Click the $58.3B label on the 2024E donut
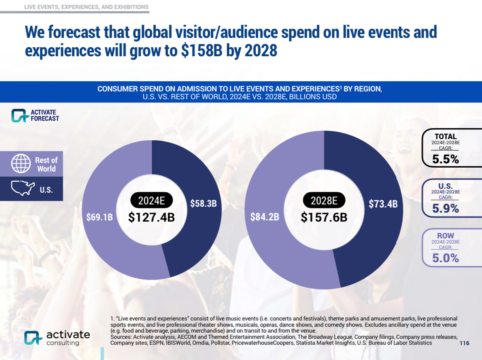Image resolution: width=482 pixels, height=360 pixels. tap(203, 204)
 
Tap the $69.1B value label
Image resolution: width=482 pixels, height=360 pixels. tap(99, 217)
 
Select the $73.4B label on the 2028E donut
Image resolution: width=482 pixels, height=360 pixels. tap(383, 204)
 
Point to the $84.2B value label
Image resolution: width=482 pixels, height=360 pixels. tap(265, 217)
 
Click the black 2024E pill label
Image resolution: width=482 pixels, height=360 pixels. tap(151, 201)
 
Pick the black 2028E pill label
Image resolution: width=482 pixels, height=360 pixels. tap(324, 201)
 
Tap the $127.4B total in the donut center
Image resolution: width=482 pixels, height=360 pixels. tap(151, 217)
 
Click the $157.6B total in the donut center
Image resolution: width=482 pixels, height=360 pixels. tap(324, 217)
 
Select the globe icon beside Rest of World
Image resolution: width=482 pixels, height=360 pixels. tap(21, 164)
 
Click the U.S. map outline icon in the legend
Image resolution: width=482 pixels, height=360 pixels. tap(23, 188)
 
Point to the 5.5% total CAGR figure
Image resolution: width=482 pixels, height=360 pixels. tap(445, 159)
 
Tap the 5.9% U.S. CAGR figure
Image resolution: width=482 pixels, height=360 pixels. tap(445, 209)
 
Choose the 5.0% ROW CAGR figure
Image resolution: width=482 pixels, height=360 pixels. tap(445, 258)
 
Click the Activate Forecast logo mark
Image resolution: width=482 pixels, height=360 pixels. tap(18, 115)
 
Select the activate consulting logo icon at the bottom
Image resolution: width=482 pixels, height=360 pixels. tap(33, 338)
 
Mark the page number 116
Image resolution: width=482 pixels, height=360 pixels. tap(464, 343)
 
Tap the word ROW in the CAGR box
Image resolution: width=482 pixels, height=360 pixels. tap(445, 236)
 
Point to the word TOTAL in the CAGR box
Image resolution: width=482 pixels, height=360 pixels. tap(445, 136)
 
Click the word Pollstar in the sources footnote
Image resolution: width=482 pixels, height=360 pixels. tap(219, 343)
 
